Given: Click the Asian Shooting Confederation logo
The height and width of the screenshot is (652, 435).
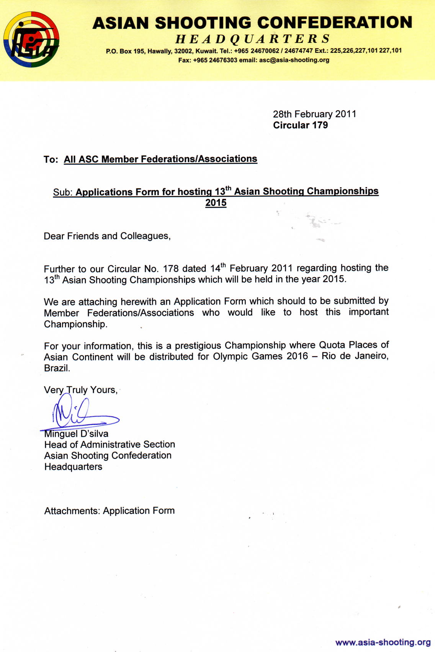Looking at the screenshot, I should tap(31, 39).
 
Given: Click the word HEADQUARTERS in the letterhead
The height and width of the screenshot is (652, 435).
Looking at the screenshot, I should tap(253, 39).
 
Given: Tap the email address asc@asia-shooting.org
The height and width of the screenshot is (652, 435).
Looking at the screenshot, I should tap(294, 60).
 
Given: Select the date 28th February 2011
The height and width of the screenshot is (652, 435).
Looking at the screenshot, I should tap(314, 114).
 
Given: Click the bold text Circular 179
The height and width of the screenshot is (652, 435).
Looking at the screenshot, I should tap(300, 125).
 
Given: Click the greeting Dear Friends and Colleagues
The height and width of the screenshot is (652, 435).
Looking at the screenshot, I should tap(107, 236).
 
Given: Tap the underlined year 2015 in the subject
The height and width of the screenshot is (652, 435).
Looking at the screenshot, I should tap(216, 203).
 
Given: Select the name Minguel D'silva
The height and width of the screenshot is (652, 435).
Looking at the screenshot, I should tap(76, 434).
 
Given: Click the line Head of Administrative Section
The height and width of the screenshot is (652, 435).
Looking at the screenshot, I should tap(110, 445).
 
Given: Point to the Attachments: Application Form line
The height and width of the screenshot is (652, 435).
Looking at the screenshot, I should tap(110, 511).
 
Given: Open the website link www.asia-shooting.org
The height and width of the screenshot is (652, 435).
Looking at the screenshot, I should tap(383, 642).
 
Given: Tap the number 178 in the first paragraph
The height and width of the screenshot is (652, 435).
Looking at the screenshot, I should tap(171, 268).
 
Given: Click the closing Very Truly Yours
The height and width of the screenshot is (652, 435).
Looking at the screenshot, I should tap(80, 390).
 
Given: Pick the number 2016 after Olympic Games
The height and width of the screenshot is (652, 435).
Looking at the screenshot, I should tap(297, 356).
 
